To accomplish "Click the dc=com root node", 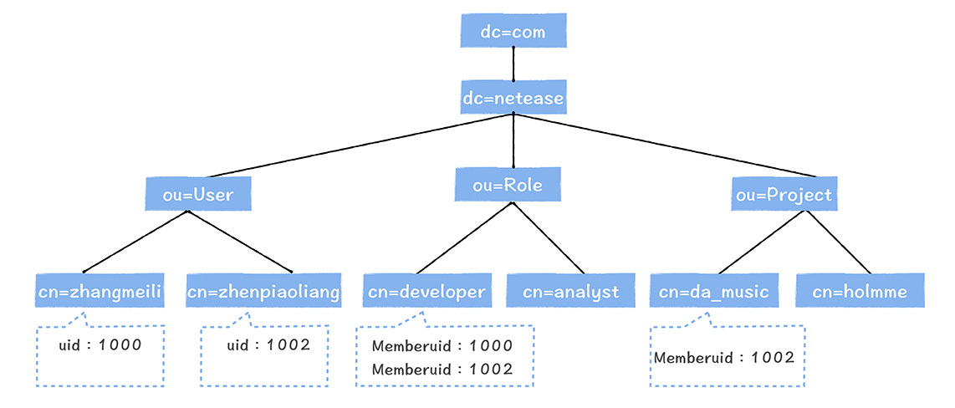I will coord(513,33).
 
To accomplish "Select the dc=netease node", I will coord(513,99).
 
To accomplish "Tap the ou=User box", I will coord(199,196).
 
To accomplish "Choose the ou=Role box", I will coord(508,186).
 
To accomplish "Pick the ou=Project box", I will coord(784,195).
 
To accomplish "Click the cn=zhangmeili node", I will coord(100,292).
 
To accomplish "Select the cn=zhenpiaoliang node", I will coord(263,292).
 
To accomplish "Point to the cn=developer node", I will coord(425,292).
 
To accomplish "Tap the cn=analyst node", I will coord(571,292).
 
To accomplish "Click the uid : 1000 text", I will coord(100,344).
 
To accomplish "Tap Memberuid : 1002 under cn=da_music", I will coord(724,358).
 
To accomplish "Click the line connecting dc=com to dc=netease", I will coord(513,64).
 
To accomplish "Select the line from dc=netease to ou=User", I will coord(351,148).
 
